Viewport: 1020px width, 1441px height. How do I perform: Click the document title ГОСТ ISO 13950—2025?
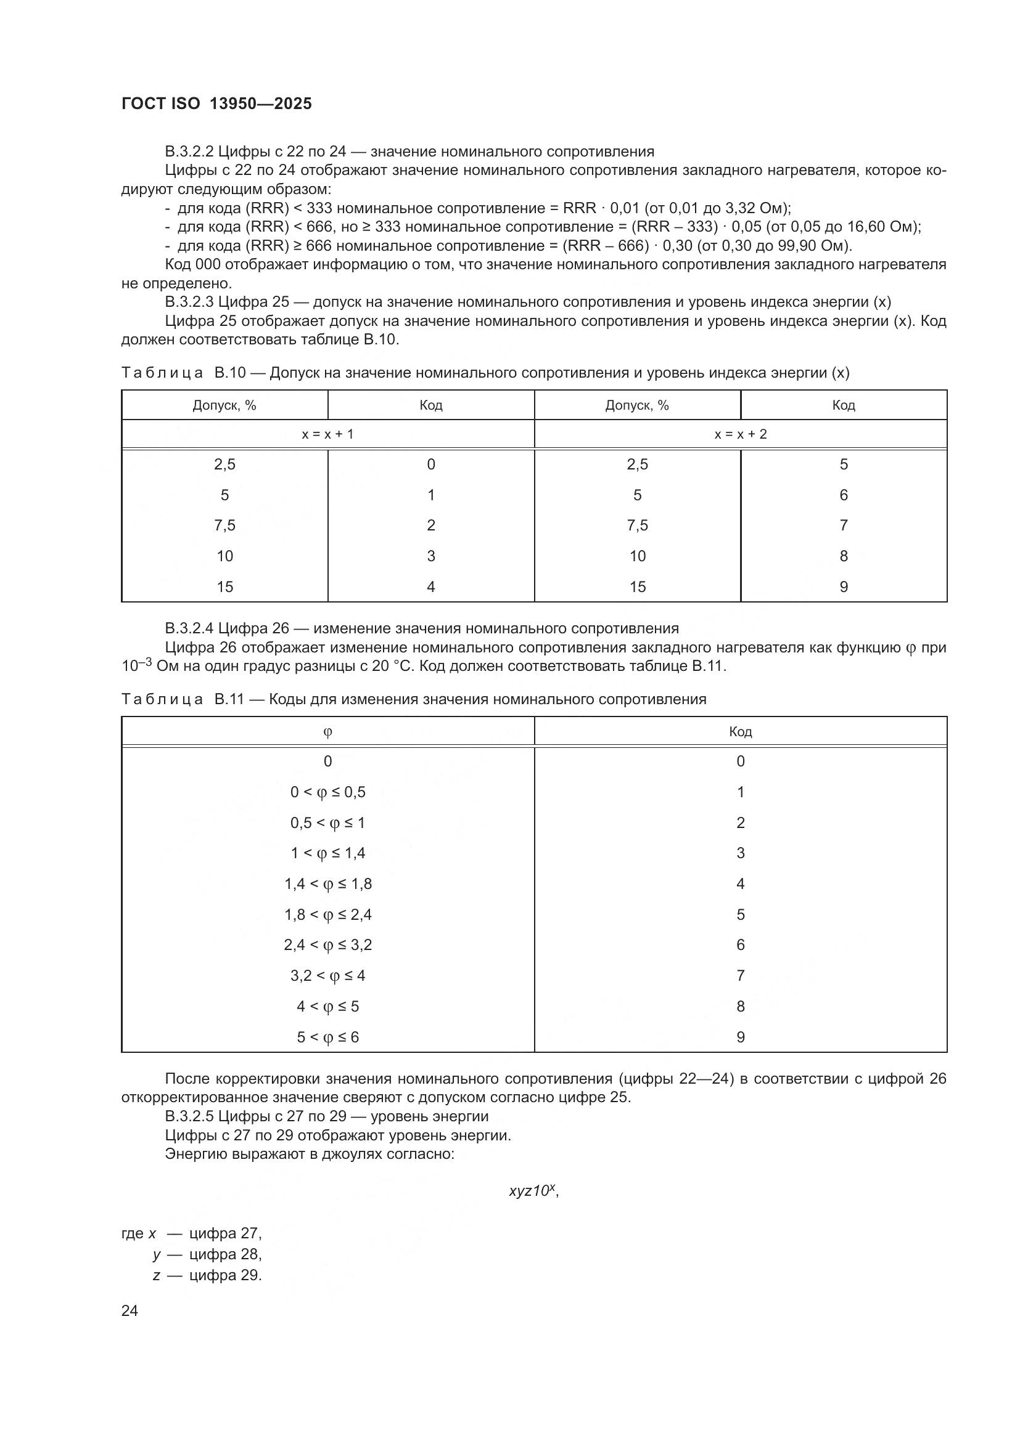[x=216, y=104]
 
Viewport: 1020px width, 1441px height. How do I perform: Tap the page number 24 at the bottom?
[x=130, y=1310]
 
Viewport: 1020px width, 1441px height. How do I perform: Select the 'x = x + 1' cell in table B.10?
[x=327, y=434]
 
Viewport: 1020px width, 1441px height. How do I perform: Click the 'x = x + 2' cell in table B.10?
[x=740, y=434]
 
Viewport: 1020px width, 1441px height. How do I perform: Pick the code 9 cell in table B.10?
[x=843, y=587]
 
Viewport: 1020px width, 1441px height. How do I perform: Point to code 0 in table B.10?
[x=431, y=465]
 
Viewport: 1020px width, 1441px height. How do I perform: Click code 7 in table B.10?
[x=843, y=526]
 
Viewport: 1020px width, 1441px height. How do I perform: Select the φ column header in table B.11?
[x=327, y=732]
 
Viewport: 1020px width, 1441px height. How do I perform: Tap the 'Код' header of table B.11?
[x=740, y=732]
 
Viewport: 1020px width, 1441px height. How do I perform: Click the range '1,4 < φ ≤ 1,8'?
[x=327, y=884]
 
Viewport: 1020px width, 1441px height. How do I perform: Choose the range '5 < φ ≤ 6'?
[x=327, y=1037]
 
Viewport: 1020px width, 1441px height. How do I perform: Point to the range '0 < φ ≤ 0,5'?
[x=327, y=793]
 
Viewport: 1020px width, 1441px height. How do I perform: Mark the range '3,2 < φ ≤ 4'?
[x=327, y=976]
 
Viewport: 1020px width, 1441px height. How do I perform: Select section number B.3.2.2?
[x=189, y=152]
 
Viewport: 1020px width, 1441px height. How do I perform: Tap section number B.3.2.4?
[x=189, y=629]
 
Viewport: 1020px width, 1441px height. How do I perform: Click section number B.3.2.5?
[x=189, y=1116]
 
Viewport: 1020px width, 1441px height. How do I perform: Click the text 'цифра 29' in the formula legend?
[x=224, y=1275]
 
